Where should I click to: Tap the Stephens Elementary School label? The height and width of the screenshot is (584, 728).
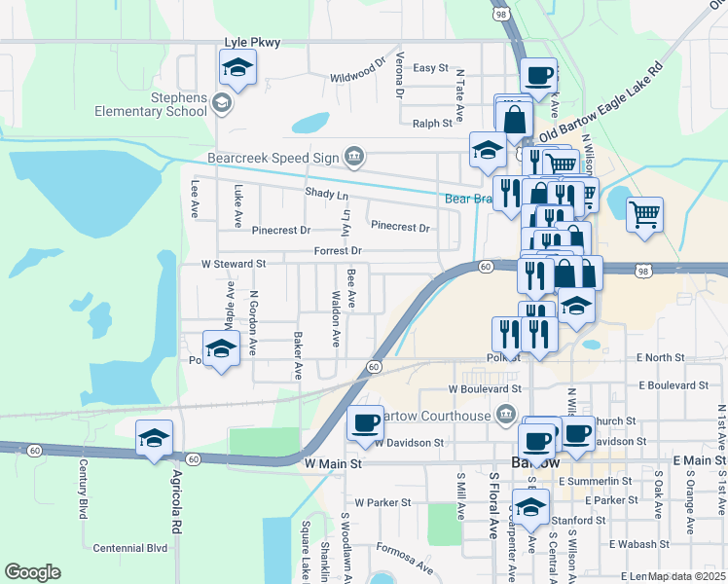coord(151,104)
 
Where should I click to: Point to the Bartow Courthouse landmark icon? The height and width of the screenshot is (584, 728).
coord(504,416)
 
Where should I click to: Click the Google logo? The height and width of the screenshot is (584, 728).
coord(32,572)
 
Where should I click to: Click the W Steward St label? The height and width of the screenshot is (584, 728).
coord(234,264)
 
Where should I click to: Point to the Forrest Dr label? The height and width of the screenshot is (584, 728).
coord(338,250)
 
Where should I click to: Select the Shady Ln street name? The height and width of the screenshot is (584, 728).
coord(326,195)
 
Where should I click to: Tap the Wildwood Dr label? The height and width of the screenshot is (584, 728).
coord(351,74)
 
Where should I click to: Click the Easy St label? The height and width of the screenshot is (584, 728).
coord(430,68)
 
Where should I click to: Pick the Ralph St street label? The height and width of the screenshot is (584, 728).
coord(433,124)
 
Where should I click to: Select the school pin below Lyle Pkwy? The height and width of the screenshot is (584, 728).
coord(235,69)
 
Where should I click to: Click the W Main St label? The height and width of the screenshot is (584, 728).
coord(333,464)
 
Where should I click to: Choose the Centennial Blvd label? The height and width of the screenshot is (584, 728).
coord(130,549)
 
